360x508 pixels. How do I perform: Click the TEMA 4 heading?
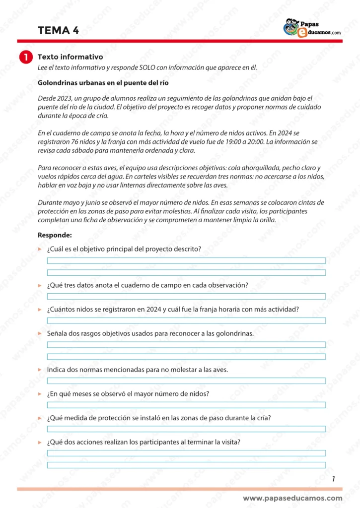coord(58,31)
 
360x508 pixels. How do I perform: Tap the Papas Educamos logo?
coord(312,28)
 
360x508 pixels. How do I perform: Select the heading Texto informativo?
coord(70,57)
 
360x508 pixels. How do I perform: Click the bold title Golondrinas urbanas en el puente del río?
coord(106,83)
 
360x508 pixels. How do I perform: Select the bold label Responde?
coord(55,235)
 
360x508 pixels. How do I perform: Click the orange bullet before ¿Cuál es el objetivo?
coord(40,249)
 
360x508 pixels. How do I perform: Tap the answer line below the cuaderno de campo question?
coord(186,296)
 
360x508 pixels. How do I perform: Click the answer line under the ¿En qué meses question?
coord(186,405)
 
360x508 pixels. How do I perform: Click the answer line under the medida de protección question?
coord(186,429)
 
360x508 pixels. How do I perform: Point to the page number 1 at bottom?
coord(333,479)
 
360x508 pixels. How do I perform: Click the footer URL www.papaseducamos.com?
coord(292,498)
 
